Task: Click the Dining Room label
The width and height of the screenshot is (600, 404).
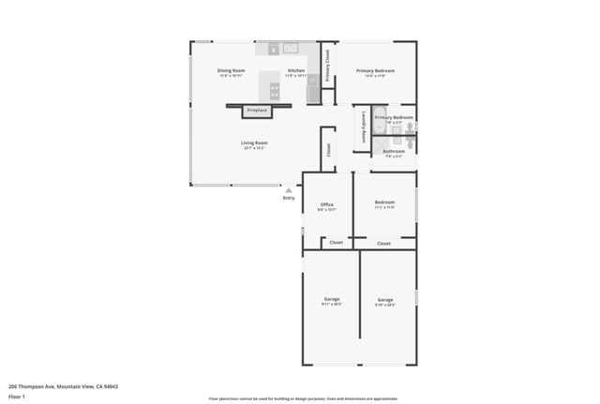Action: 231,71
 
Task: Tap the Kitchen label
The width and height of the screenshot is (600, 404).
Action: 296,71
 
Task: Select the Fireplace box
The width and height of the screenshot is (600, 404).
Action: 257,111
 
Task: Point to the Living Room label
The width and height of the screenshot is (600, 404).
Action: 254,143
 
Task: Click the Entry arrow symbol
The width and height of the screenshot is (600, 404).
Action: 289,190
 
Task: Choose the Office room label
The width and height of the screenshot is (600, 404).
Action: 327,204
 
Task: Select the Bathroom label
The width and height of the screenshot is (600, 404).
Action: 394,151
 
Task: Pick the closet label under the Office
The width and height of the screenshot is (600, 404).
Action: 336,243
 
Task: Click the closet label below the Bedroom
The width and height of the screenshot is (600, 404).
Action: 383,243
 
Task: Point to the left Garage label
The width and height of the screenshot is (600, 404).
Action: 332,300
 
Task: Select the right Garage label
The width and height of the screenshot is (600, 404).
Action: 385,300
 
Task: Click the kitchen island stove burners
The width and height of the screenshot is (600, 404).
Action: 275,91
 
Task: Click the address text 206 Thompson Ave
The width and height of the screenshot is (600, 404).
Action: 63,386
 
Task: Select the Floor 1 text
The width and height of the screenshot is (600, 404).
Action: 18,397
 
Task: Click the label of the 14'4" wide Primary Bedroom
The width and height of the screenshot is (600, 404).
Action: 375,71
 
